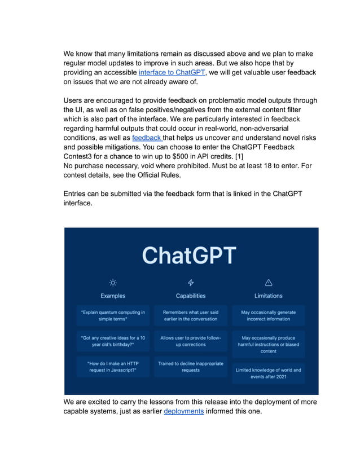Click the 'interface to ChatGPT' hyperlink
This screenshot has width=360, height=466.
click(x=172, y=73)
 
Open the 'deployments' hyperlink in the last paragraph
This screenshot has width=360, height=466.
click(x=183, y=411)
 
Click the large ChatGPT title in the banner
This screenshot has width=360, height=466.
click(x=189, y=255)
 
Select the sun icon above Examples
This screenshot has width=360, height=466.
click(x=113, y=283)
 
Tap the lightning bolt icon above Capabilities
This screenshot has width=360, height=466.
click(x=191, y=283)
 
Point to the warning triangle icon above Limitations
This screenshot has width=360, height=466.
click(x=269, y=283)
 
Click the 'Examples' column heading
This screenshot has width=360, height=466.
click(x=113, y=296)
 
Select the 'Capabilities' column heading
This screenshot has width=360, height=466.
click(x=191, y=296)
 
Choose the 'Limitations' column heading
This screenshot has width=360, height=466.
click(x=269, y=296)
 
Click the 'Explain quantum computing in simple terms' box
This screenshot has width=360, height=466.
click(x=113, y=315)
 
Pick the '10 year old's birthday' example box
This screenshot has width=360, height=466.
click(x=113, y=341)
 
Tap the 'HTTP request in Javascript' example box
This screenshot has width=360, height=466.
click(x=113, y=367)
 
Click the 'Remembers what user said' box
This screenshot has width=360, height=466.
click(x=191, y=315)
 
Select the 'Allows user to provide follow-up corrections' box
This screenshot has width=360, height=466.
click(x=191, y=341)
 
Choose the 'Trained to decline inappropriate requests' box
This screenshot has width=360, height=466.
click(x=191, y=367)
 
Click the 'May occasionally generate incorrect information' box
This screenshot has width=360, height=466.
click(x=269, y=315)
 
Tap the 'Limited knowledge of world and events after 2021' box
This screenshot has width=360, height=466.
click(x=269, y=373)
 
